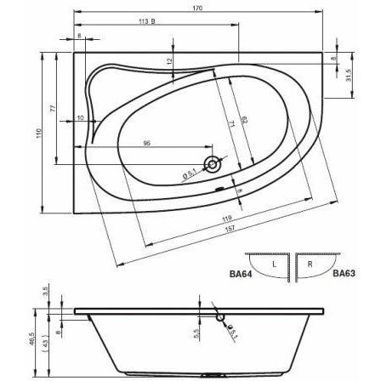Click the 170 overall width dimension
pos(198,9)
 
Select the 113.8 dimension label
pos(145,22)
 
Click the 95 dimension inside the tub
pos(146,144)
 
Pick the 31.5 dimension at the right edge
pos(350,75)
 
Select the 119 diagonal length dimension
pos(227,218)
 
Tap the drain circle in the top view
pos(211,162)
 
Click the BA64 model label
pos(241,274)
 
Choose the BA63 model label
pos(343,274)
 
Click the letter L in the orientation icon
pos(273,264)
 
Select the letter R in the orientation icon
pos(310,264)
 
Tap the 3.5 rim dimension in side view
pos(47,293)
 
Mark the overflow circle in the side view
pos(221,317)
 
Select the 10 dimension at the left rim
pos(81,118)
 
